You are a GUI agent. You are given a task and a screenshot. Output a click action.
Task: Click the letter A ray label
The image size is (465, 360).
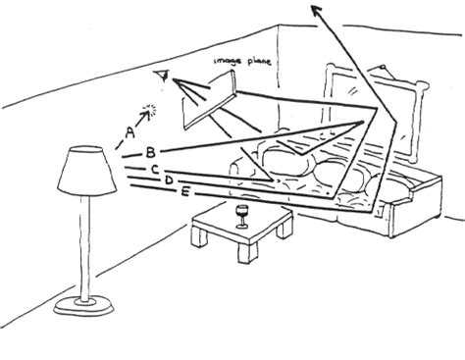(129, 129)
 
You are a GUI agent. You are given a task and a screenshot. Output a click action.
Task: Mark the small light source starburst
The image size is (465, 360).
(150, 110)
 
